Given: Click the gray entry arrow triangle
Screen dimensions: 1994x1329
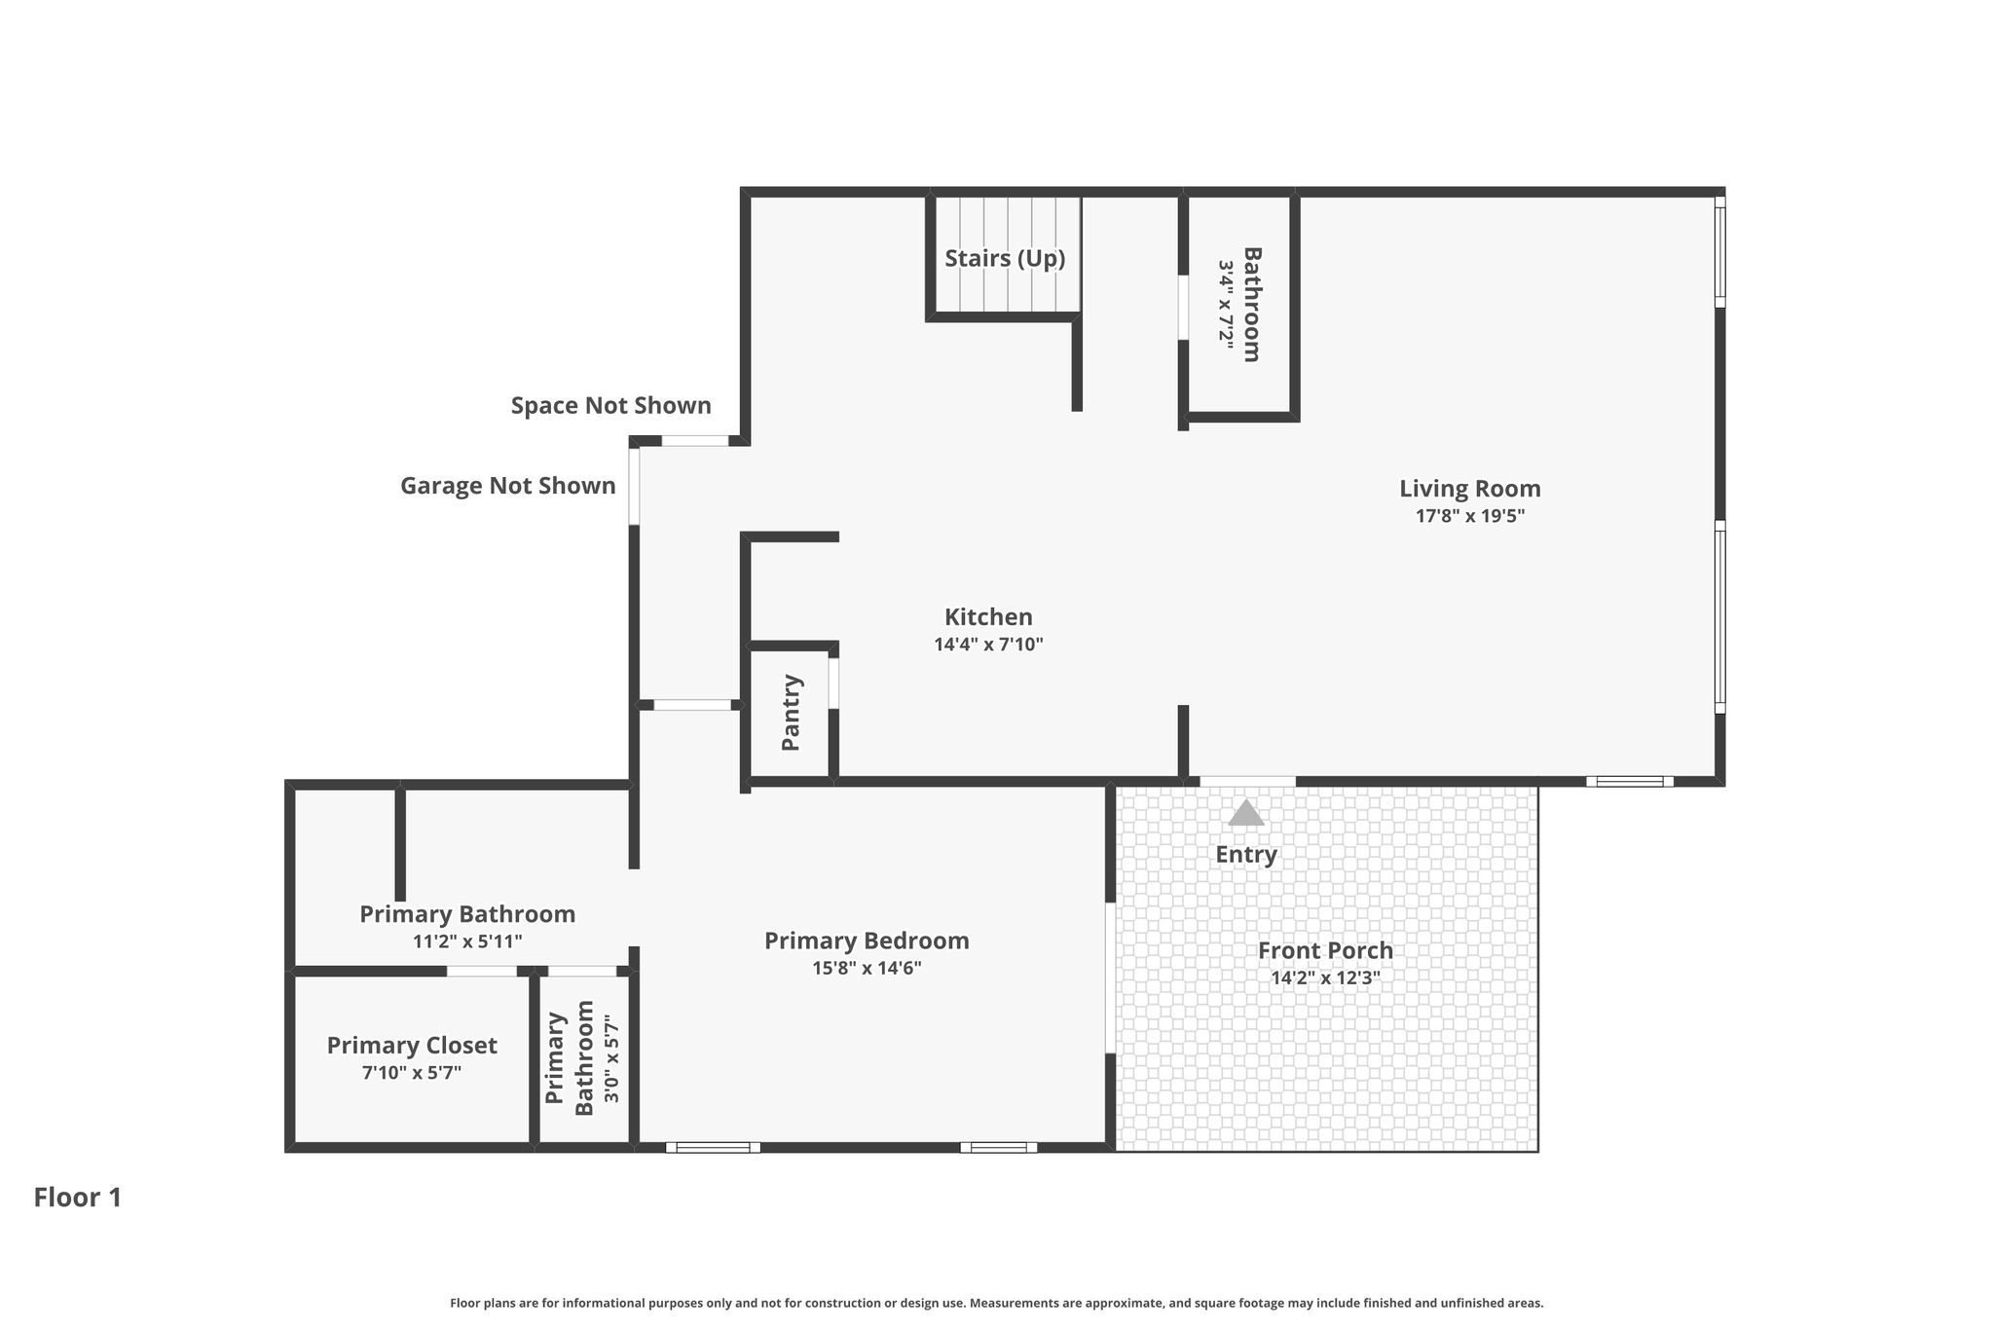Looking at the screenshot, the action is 1246,813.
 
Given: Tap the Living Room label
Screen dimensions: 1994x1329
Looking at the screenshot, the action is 1470,489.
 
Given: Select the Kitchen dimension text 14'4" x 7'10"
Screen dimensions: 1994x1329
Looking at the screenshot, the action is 988,645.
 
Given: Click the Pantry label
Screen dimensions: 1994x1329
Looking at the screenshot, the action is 792,713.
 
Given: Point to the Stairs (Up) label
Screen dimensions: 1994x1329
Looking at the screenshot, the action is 1005,259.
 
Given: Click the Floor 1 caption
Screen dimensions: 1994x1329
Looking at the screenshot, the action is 78,1198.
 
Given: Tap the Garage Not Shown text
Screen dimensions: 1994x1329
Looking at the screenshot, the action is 508,486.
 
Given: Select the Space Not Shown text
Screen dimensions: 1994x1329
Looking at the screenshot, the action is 611,406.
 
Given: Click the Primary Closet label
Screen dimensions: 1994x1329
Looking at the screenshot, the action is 412,1046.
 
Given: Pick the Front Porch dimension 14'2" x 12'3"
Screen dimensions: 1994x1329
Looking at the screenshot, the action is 1325,978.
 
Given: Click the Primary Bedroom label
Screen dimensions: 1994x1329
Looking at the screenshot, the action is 867,941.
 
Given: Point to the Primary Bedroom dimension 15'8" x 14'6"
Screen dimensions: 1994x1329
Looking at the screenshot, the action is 867,969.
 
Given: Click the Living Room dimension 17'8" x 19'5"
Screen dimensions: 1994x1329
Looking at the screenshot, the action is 1470,516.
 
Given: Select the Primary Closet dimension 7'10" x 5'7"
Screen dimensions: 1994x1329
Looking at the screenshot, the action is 412,1073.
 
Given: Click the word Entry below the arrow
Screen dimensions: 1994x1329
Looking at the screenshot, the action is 1246,855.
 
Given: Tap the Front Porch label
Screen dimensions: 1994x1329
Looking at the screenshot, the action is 1325,951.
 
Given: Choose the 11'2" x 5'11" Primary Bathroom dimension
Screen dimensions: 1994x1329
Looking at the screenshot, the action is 467,941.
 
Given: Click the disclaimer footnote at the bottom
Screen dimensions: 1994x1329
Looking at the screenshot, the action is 997,1303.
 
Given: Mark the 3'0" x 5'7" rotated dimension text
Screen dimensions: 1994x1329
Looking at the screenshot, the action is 611,1059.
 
